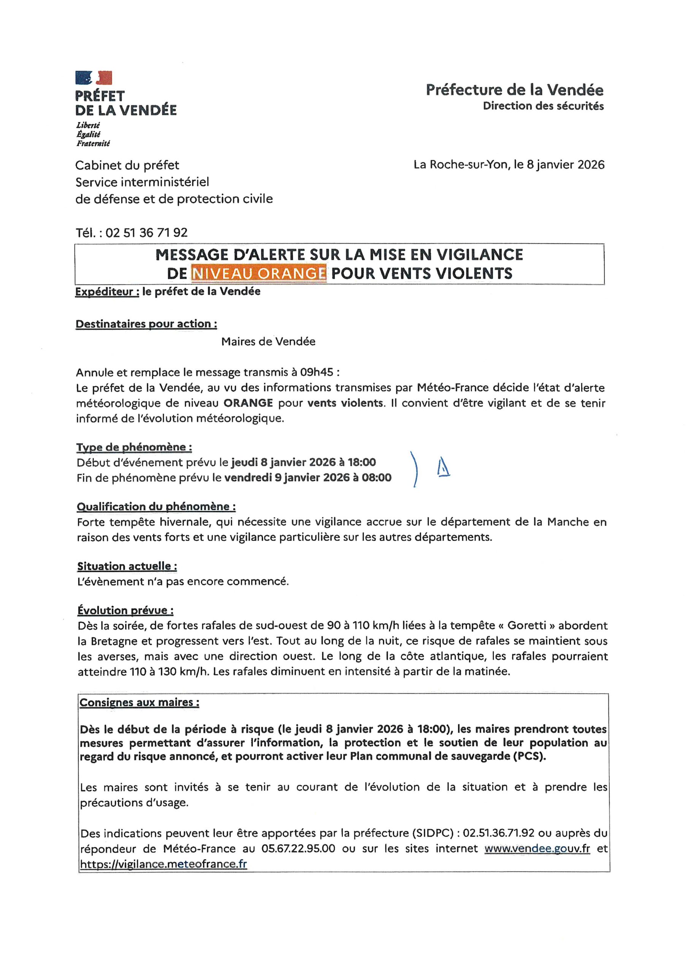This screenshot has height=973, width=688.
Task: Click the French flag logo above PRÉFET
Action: [94, 78]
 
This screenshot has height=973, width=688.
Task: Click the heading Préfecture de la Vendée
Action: [514, 90]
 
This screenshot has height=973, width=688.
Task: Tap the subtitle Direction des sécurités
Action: [543, 106]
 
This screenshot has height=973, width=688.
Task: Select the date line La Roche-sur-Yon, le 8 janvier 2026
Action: [509, 165]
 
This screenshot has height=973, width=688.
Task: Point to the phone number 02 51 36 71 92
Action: [146, 233]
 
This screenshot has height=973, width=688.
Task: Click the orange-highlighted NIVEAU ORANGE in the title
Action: [258, 273]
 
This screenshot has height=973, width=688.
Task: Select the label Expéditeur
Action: [107, 292]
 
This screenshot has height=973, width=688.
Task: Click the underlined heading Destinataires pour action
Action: [146, 324]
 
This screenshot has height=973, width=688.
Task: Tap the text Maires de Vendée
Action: [268, 342]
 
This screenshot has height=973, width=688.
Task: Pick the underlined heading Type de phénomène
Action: [134, 447]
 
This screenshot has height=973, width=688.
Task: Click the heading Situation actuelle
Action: [127, 566]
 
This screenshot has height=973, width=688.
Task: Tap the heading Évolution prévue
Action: [125, 610]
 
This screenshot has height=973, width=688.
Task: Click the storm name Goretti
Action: [528, 626]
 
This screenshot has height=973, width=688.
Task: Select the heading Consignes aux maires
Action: [139, 702]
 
